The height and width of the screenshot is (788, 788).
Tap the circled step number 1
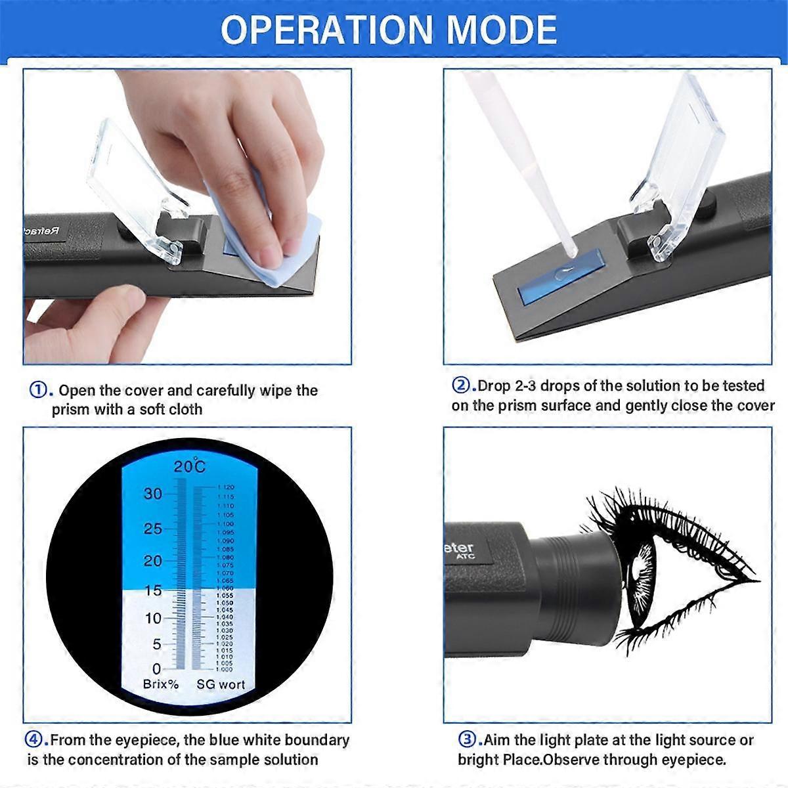coord(39,390)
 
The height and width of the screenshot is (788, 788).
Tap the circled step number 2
coord(462,385)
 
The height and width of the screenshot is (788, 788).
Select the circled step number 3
coord(467,739)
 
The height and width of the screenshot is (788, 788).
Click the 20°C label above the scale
coord(189,467)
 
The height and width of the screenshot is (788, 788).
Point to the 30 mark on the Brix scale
coord(152,493)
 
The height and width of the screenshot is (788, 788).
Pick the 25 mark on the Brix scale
coord(152,528)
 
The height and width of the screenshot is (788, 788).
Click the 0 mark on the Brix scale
coord(156,669)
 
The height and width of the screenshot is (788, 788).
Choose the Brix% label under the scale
coord(161,684)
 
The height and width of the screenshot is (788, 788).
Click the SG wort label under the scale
coord(221,684)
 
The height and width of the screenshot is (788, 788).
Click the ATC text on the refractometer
coord(465,558)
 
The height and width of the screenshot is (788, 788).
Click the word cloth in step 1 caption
coord(185,409)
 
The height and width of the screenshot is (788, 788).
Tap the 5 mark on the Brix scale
coord(156,644)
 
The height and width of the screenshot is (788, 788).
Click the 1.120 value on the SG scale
coord(225,488)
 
